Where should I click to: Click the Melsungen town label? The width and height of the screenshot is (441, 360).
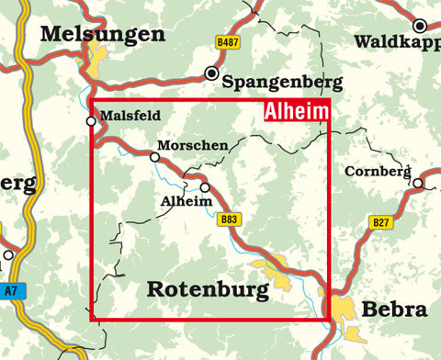tap(103, 35)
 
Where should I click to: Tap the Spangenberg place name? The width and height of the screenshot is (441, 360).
tap(282, 83)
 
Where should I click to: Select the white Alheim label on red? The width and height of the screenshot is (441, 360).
tap(296, 112)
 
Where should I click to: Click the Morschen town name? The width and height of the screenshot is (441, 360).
tap(194, 146)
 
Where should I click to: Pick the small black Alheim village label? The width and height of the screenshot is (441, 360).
tap(179, 199)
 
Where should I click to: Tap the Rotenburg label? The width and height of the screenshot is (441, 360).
tap(208, 290)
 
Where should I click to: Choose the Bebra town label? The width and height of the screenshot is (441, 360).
tap(395, 309)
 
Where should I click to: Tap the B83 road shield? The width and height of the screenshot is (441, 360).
tap(229, 220)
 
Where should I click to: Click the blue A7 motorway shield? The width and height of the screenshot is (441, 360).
tap(9, 291)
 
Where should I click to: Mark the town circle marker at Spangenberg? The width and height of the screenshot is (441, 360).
tap(213, 73)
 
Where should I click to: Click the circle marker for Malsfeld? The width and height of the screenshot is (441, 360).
tap(91, 120)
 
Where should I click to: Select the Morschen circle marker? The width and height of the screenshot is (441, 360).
tap(155, 157)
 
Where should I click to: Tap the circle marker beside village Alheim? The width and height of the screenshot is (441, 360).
tap(205, 187)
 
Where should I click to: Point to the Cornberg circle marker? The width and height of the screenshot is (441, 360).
tap(418, 183)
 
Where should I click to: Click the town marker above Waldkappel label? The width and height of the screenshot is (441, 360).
tap(420, 26)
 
